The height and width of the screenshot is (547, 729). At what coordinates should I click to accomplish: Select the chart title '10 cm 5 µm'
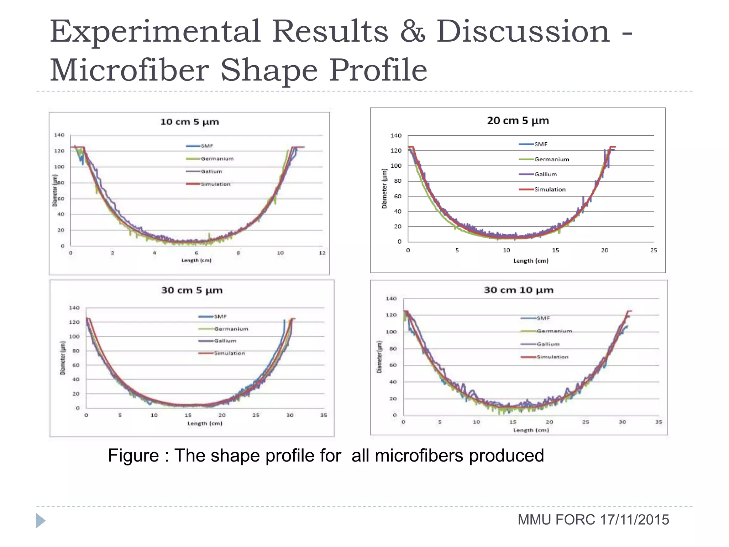[189, 122]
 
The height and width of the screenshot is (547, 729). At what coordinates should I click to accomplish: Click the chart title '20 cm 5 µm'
[518, 121]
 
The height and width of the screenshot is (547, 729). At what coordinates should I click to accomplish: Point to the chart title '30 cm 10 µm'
[519, 290]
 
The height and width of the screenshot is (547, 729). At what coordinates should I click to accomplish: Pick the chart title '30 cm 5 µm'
[192, 290]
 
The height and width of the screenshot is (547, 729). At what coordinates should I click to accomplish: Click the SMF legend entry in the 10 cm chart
[206, 146]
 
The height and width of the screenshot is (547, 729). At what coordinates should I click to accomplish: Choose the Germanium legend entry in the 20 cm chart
[551, 160]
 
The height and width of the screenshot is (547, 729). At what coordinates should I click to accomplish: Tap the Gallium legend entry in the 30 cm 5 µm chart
[225, 341]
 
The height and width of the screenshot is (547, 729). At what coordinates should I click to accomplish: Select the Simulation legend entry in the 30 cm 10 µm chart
[552, 357]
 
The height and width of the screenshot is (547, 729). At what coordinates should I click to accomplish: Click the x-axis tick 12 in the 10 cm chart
[322, 253]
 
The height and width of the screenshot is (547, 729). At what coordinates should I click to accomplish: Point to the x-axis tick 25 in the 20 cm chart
[654, 250]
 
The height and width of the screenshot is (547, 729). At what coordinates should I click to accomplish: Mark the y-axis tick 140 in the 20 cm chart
[396, 136]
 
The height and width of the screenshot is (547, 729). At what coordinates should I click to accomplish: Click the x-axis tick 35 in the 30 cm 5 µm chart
[324, 415]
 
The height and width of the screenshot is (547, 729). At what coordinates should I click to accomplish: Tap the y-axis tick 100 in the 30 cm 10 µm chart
[391, 332]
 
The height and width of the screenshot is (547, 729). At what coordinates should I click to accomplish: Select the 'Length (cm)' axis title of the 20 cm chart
[531, 261]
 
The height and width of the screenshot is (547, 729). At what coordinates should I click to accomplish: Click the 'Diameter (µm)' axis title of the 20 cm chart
[384, 189]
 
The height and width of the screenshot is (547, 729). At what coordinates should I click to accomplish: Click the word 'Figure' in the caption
[133, 455]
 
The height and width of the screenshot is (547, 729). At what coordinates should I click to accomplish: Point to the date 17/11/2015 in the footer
[634, 520]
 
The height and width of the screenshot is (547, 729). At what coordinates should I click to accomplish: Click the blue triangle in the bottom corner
[40, 521]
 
